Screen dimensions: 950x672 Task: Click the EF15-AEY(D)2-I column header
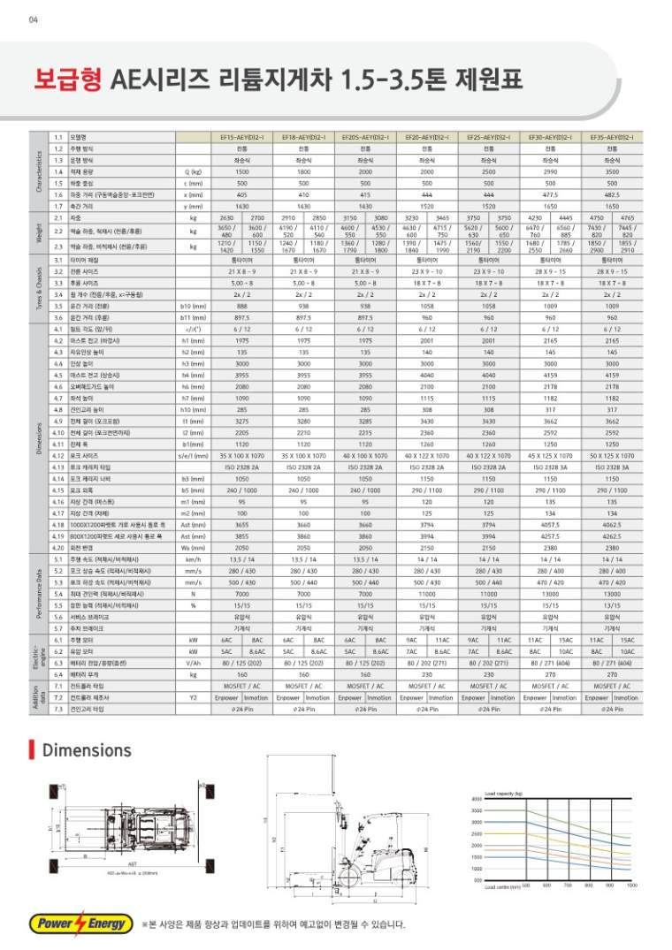(242, 138)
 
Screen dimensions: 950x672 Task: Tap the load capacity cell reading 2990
(550, 171)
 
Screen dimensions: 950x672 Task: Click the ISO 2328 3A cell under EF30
(550, 466)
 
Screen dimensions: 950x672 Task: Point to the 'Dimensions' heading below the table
(87, 751)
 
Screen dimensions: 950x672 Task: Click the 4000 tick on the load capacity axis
(476, 799)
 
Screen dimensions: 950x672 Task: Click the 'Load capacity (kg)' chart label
(504, 793)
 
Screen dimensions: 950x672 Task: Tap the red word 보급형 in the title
(69, 82)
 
